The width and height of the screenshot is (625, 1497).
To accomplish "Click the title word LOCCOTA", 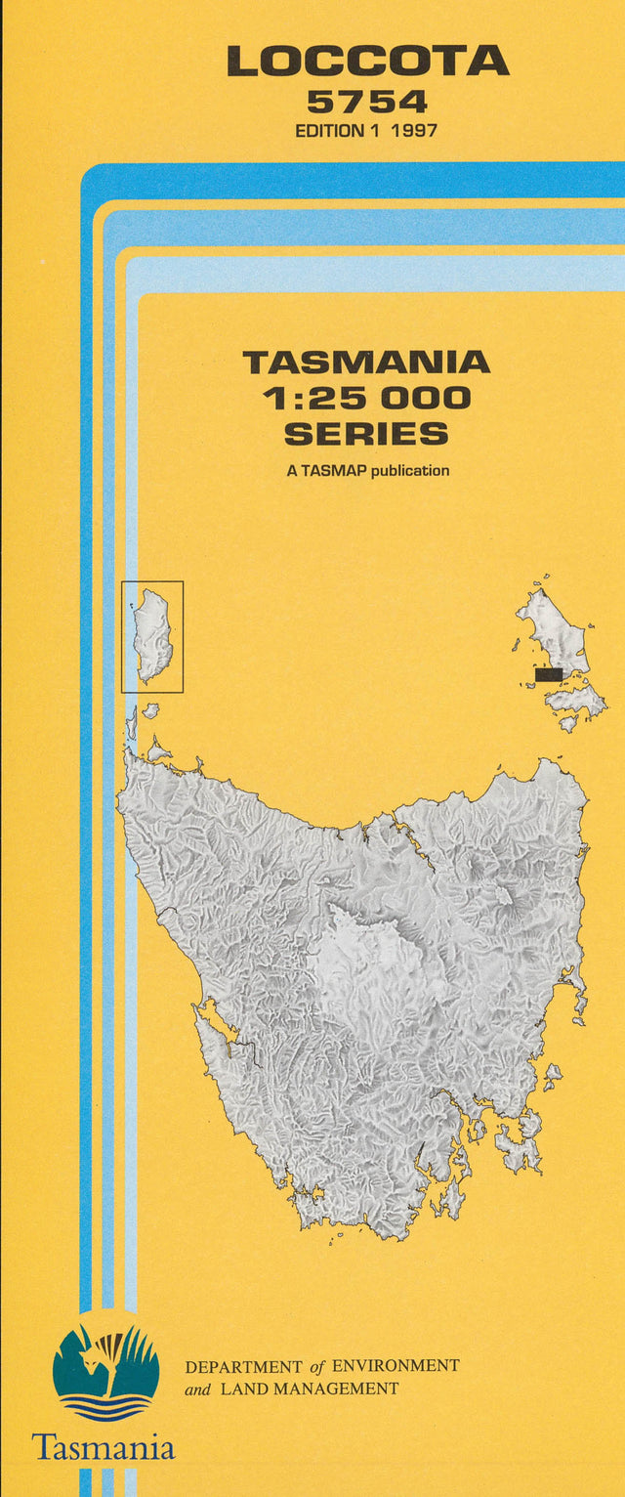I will pos(367,62).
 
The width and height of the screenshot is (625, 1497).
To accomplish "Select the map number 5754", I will pos(367,102).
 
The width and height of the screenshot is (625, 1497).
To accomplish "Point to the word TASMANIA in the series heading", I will pos(366,363).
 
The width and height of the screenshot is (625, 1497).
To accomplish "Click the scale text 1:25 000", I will pos(366,398).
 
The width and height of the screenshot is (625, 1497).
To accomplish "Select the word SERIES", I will pos(366,433).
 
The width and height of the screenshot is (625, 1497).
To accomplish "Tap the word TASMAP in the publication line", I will pos(333,470).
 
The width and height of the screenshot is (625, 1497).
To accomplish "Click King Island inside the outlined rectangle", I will pos(154,635).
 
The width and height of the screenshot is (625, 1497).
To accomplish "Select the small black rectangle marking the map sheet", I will pos(549,674).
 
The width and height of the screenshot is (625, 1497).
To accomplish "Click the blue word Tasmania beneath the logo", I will pos(104,1446).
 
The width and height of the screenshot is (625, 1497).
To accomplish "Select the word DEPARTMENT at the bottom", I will pos(244,1366).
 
